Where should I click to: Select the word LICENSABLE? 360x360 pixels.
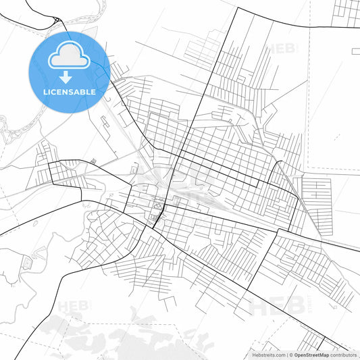click(69, 91)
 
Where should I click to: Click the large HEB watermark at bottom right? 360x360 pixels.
click(273, 307)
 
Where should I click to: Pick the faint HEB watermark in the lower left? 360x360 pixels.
click(74, 307)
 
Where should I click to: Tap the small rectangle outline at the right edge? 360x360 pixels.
click(356, 51)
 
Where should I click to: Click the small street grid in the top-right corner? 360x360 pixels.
click(346, 9)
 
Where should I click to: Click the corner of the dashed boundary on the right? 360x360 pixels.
click(308, 169)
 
